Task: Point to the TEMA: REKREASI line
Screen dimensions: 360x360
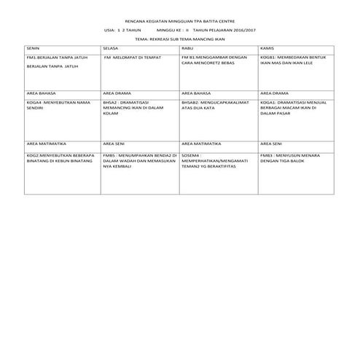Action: (179, 41)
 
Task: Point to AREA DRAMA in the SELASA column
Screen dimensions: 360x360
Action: (119, 94)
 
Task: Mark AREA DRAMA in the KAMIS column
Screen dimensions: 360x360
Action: (275, 94)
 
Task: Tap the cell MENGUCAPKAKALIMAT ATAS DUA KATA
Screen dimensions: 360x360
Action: (215, 106)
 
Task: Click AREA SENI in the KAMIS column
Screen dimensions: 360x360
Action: (271, 144)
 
